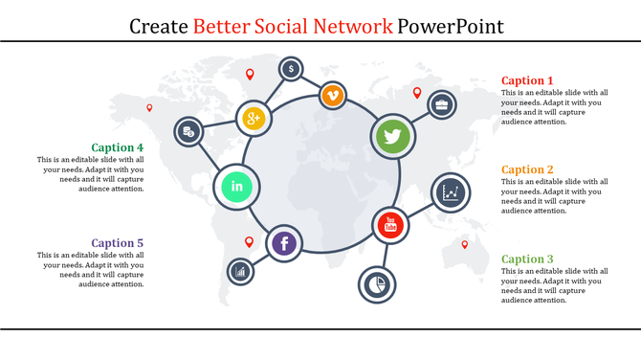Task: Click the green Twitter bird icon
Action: [391, 136]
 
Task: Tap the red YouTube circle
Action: [389, 226]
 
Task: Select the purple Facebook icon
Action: [284, 243]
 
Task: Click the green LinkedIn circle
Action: [236, 186]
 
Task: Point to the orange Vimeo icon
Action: [332, 95]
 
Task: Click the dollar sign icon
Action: [291, 69]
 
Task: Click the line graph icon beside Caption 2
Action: [451, 191]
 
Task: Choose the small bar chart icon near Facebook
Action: [240, 272]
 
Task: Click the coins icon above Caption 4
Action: [188, 131]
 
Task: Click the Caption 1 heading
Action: [527, 80]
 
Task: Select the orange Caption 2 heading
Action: [527, 169]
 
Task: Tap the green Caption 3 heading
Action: [527, 259]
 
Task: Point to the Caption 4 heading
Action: [118, 147]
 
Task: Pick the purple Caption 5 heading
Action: [118, 243]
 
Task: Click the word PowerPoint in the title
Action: [451, 25]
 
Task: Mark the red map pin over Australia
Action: [465, 245]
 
